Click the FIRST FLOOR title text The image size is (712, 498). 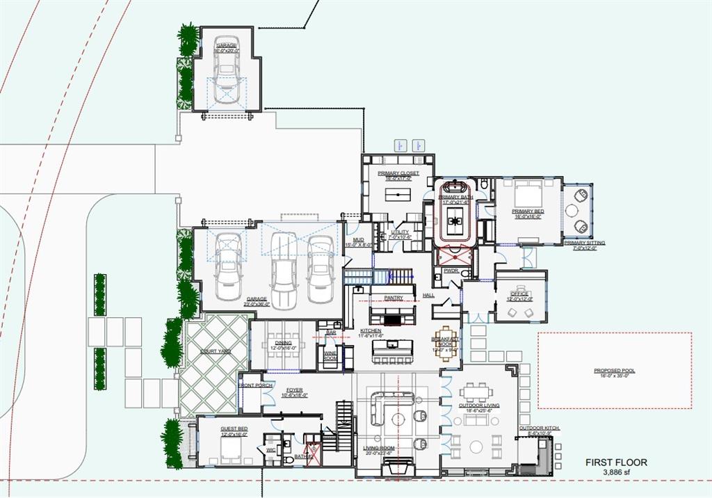click(615, 463)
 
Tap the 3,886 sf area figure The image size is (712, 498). click(615, 472)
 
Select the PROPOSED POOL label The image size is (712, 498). click(614, 371)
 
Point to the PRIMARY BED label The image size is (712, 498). click(528, 211)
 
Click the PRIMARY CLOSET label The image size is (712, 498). click(398, 173)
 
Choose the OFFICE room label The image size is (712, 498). click(520, 294)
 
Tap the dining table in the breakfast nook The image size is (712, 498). click(445, 342)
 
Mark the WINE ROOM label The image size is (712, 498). click(330, 355)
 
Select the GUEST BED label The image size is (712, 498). click(234, 429)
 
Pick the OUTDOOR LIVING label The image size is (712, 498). click(476, 405)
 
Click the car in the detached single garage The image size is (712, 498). click(226, 70)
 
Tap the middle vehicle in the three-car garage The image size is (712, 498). click(284, 271)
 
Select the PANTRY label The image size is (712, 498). click(394, 298)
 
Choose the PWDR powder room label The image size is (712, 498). click(451, 271)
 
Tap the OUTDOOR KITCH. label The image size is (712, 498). click(539, 428)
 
